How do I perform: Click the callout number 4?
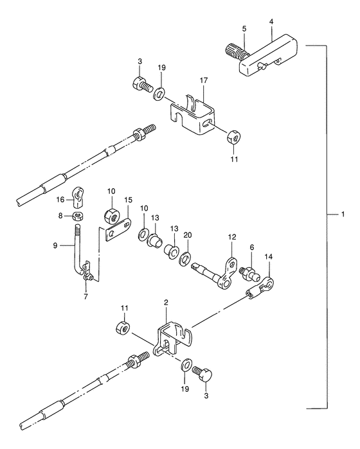point(271,22)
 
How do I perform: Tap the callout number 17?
point(204,80)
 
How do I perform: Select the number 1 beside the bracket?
point(343,214)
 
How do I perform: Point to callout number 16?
point(60,199)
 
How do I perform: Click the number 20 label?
point(188,235)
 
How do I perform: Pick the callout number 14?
point(269,256)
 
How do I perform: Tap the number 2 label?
point(166,303)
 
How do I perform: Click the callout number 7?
point(85,297)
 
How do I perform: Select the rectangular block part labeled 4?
point(268,55)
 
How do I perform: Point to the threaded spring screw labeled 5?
point(237,51)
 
